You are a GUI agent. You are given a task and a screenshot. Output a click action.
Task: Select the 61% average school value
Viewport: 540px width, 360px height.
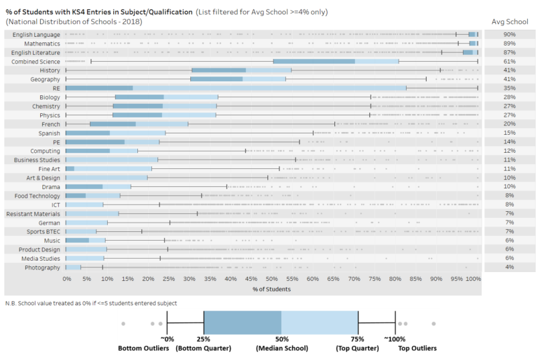pyautogui.click(x=509, y=61)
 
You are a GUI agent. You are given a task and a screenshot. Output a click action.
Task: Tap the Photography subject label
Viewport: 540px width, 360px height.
pyautogui.click(x=42, y=267)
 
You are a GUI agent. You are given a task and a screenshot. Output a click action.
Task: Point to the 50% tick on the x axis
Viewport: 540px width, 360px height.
pyautogui.click(x=272, y=279)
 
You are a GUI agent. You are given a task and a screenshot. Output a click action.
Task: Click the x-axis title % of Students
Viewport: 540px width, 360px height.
pyautogui.click(x=272, y=289)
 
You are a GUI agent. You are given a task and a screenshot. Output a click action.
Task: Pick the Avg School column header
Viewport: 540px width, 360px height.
pyautogui.click(x=509, y=21)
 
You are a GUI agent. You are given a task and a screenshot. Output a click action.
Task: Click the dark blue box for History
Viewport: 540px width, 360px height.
pyautogui.click(x=218, y=70)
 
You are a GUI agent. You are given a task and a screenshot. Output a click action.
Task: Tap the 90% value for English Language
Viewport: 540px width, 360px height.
pyautogui.click(x=509, y=34)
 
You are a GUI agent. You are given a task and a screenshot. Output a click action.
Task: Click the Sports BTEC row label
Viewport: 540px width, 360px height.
pyautogui.click(x=42, y=231)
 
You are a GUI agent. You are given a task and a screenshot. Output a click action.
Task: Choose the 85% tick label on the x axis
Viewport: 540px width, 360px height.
pyautogui.click(x=416, y=279)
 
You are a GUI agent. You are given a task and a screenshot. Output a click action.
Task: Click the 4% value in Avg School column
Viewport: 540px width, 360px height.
pyautogui.click(x=509, y=267)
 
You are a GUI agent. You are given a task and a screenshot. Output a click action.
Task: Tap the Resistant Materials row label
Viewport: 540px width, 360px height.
pyautogui.click(x=33, y=213)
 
